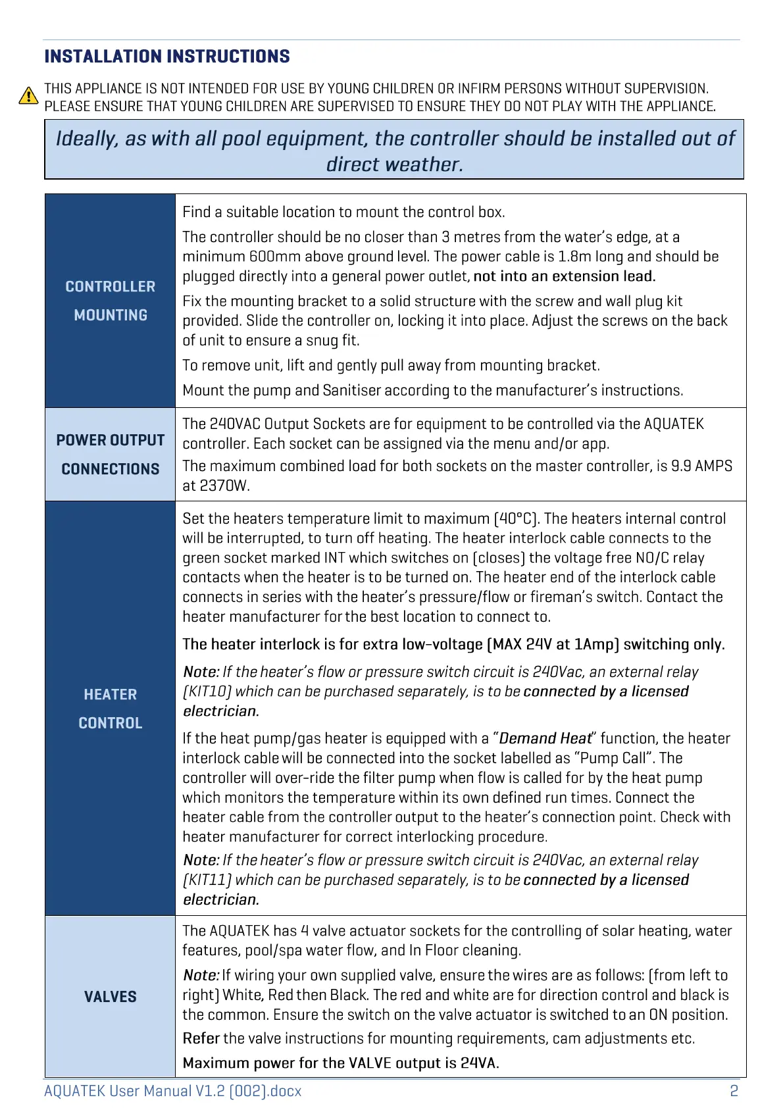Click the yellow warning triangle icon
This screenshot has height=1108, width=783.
[x=28, y=96]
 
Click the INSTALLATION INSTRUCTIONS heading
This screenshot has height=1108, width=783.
[x=167, y=57]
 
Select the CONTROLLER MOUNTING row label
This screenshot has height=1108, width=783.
[x=111, y=301]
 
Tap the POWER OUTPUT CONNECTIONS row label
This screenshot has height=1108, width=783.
[x=111, y=455]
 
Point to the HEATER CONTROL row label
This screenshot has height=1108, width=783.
[x=111, y=709]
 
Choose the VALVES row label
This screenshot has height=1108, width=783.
[x=111, y=997]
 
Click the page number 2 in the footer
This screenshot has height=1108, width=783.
[x=734, y=1091]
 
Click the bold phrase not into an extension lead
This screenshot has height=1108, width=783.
[x=565, y=276]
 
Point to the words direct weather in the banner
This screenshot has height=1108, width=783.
[x=395, y=164]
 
